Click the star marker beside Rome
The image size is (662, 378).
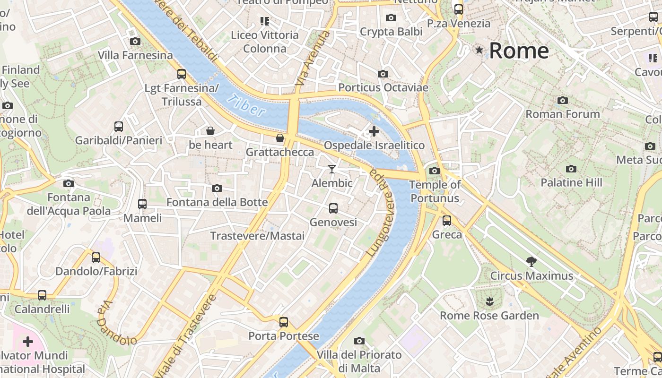479,50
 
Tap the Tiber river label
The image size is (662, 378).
245,105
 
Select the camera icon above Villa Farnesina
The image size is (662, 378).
135,42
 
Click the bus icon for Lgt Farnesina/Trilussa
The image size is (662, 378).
181,74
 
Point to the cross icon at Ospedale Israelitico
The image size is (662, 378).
374,131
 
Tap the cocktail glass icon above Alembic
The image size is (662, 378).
332,169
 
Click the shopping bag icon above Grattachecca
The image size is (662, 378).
280,138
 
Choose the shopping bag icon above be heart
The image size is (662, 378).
210,131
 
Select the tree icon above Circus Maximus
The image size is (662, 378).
531,261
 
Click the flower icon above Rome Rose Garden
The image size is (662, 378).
489,301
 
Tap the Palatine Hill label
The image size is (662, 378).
571,182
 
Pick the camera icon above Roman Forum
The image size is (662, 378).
562,100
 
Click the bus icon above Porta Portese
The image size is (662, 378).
283,322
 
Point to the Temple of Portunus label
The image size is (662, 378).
435,191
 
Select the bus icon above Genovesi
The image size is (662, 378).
333,208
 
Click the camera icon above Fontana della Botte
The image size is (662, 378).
217,189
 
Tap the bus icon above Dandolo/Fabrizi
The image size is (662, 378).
96,258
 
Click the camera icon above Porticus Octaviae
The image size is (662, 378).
383,74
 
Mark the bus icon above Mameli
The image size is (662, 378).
142,204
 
